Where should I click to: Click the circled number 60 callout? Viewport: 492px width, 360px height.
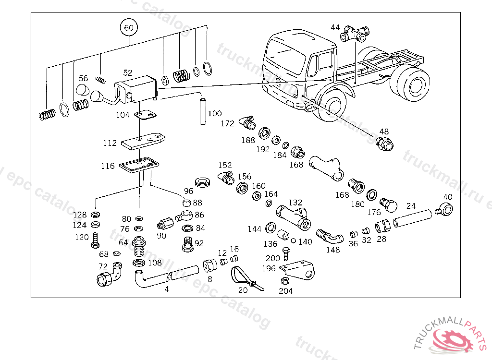tap(129, 28)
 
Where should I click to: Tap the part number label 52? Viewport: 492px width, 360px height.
tap(127, 73)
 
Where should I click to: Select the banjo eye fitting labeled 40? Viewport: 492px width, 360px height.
tap(445, 208)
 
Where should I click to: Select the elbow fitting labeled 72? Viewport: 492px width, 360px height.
tap(110, 275)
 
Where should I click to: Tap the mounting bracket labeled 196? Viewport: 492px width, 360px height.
tap(298, 270)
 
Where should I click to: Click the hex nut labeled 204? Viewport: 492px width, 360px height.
tap(284, 281)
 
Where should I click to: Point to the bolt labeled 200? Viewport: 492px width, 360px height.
tap(287, 252)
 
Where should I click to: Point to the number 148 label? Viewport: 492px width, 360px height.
tap(332, 250)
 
